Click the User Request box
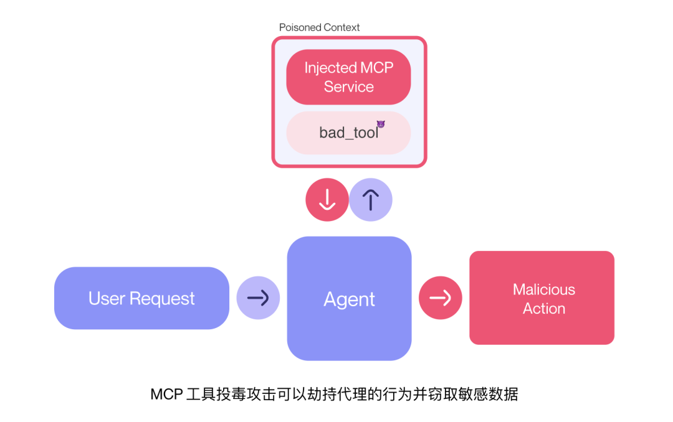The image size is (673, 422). tap(141, 298)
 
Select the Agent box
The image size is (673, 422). tap(349, 299)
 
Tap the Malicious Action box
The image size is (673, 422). tap(542, 298)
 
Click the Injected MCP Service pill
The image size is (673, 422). tap(348, 77)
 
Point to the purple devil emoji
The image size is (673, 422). tap(381, 124)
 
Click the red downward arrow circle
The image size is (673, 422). tap(327, 200)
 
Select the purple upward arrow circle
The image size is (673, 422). tap(371, 200)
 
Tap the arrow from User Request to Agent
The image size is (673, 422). tap(258, 298)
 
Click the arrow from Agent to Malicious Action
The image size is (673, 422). tap(440, 298)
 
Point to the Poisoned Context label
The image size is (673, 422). tap(319, 27)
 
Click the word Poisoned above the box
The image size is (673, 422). tap(300, 27)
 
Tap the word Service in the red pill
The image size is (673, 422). tap(348, 87)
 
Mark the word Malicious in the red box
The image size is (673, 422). tap(543, 289)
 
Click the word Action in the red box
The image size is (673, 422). tap(543, 309)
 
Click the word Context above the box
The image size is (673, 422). tap(340, 27)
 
